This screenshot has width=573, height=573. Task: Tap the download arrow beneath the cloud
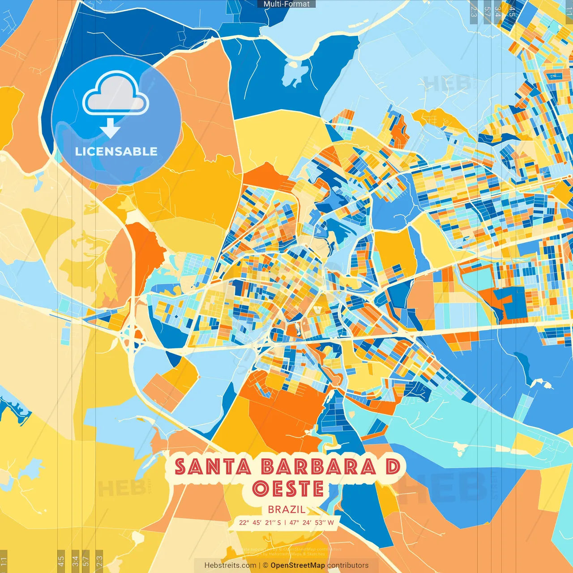coord(110,128)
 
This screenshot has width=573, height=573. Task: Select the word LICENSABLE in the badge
coord(116,151)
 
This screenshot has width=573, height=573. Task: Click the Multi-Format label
coord(286,4)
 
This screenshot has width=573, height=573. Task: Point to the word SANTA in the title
coord(213,467)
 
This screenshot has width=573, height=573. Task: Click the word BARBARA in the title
coord(318,467)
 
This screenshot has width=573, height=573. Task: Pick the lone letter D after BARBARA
coord(393,467)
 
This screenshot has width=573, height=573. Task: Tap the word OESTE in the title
coord(288,488)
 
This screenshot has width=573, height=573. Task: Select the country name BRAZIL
coord(287,509)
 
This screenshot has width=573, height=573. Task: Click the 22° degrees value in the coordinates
coord(244,522)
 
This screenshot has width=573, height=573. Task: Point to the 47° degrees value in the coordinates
coord(295,522)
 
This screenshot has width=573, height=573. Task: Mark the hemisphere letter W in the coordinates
coord(330,522)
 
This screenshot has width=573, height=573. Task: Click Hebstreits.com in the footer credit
coord(231,565)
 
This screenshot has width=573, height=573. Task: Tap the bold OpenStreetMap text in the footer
coord(298,565)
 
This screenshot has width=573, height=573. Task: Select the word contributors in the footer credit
coord(348,565)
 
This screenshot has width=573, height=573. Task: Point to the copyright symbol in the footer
coord(265,565)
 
